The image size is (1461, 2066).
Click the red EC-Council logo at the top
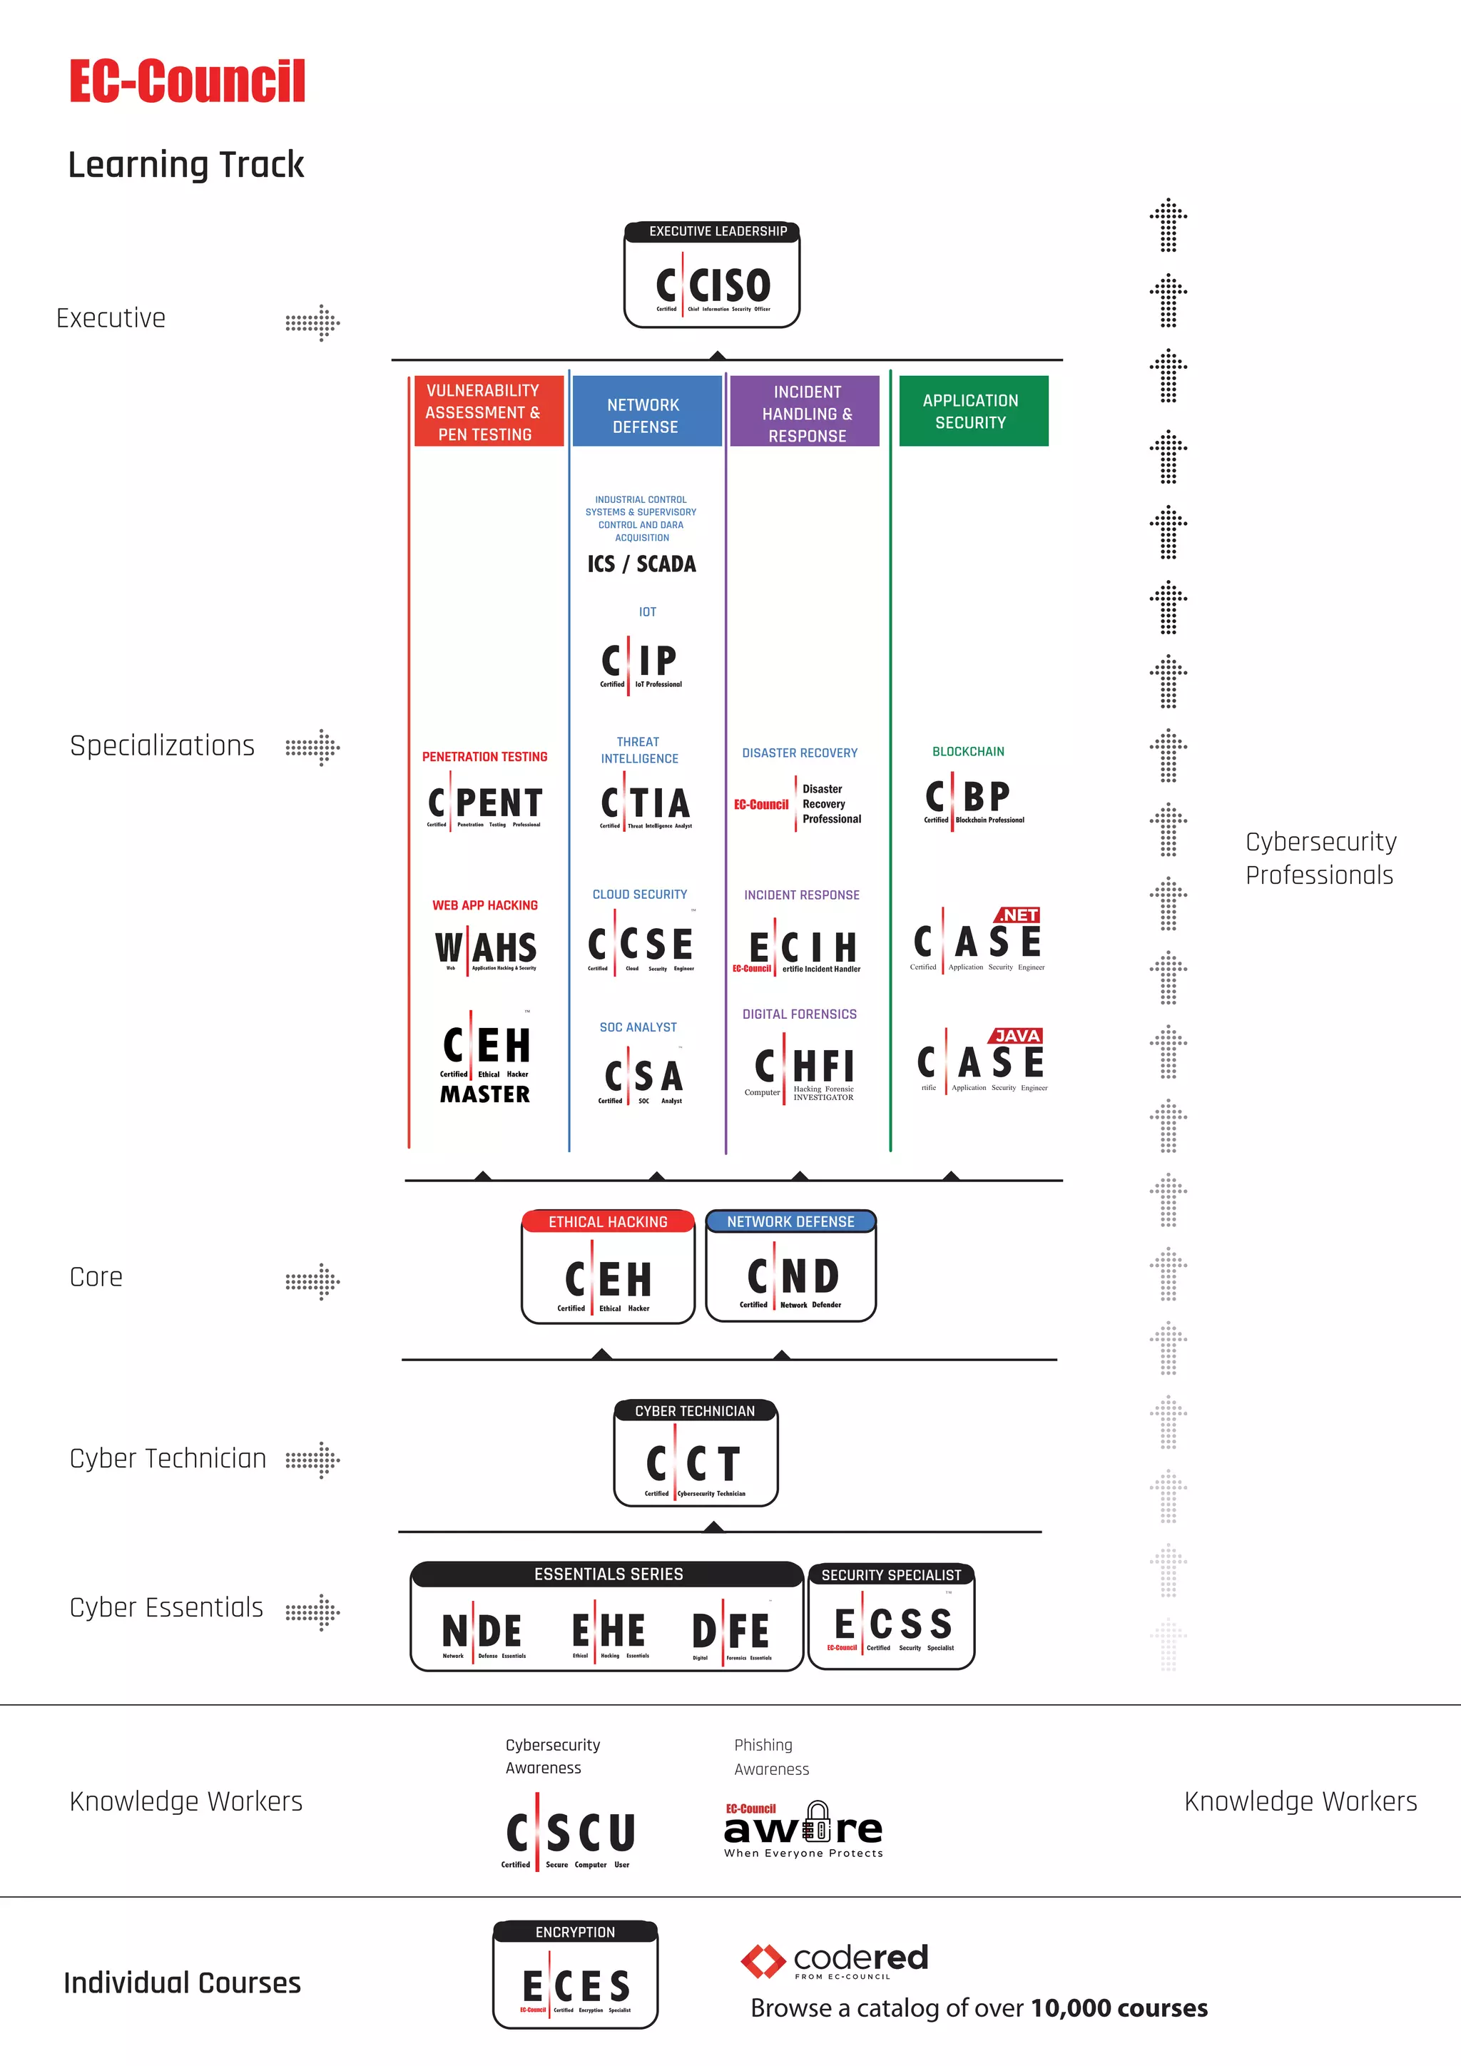coord(187,82)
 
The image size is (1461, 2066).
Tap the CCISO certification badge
coord(713,286)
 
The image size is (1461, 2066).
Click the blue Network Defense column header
coord(646,414)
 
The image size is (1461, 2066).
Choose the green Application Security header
coord(972,411)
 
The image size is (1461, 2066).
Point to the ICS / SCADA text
coord(641,564)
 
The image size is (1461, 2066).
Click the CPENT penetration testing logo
coord(485,803)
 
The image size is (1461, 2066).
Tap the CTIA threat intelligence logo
coord(645,803)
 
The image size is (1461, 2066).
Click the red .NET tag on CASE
coord(1017,915)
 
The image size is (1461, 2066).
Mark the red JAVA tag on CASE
coord(1017,1036)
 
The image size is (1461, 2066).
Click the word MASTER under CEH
coord(485,1094)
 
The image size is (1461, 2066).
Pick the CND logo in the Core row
coord(792,1278)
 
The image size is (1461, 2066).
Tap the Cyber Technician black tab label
coord(695,1411)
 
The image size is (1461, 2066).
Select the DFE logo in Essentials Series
coord(730,1632)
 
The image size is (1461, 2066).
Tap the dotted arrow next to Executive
coord(312,323)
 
